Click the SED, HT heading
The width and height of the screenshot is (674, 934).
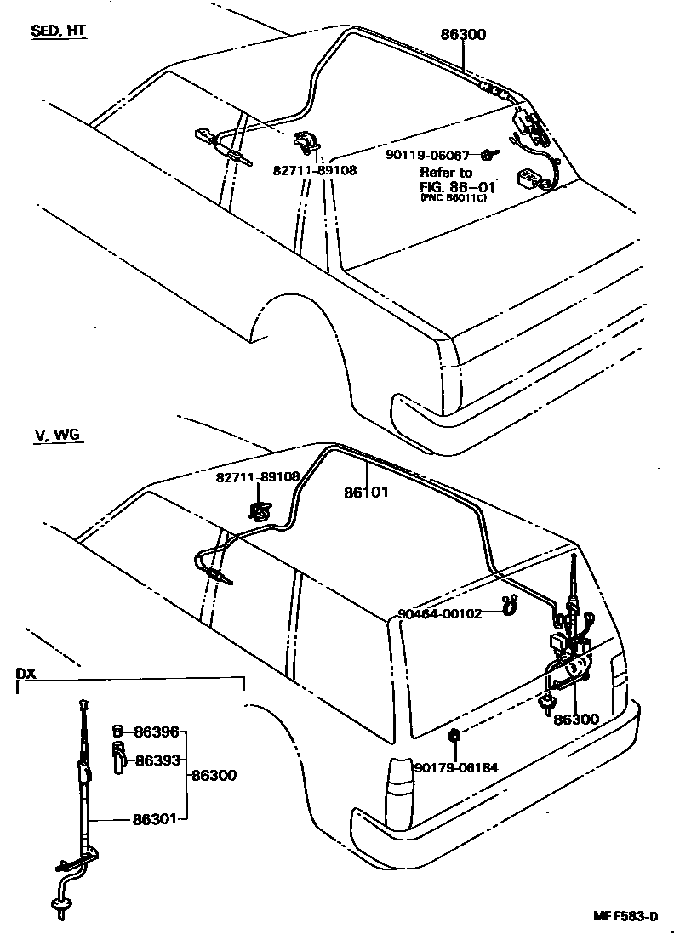click(x=58, y=31)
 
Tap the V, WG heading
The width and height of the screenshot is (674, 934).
click(x=58, y=435)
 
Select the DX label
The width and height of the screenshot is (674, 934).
click(x=26, y=673)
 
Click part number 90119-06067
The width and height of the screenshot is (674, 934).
click(x=427, y=156)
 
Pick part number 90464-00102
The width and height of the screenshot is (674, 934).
click(x=440, y=613)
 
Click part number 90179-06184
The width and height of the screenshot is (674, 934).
click(x=455, y=767)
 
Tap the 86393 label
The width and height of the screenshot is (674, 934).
click(x=157, y=760)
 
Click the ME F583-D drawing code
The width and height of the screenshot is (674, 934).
click(x=625, y=916)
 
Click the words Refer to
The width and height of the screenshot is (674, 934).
click(x=446, y=172)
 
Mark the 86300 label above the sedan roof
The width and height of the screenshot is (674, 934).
click(x=464, y=36)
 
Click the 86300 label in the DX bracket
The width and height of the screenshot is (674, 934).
click(x=214, y=775)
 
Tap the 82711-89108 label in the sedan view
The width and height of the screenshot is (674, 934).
click(x=315, y=169)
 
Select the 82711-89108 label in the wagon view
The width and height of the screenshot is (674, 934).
click(x=256, y=477)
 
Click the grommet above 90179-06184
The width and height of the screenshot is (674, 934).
click(x=454, y=735)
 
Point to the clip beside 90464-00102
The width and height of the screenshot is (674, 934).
click(x=509, y=606)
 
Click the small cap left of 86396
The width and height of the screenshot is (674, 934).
click(x=118, y=730)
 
